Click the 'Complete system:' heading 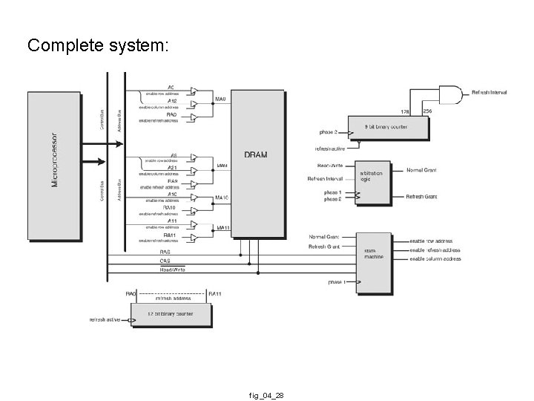[99, 46]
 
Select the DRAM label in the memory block [256, 154]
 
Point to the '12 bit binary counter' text [171, 314]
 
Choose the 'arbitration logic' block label [372, 176]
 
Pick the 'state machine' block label [373, 253]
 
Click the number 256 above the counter [426, 111]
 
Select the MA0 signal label [220, 99]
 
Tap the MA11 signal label [222, 226]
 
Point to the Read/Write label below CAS [172, 270]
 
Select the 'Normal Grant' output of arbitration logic [421, 171]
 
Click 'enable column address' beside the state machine [435, 259]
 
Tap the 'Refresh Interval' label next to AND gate [489, 93]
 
